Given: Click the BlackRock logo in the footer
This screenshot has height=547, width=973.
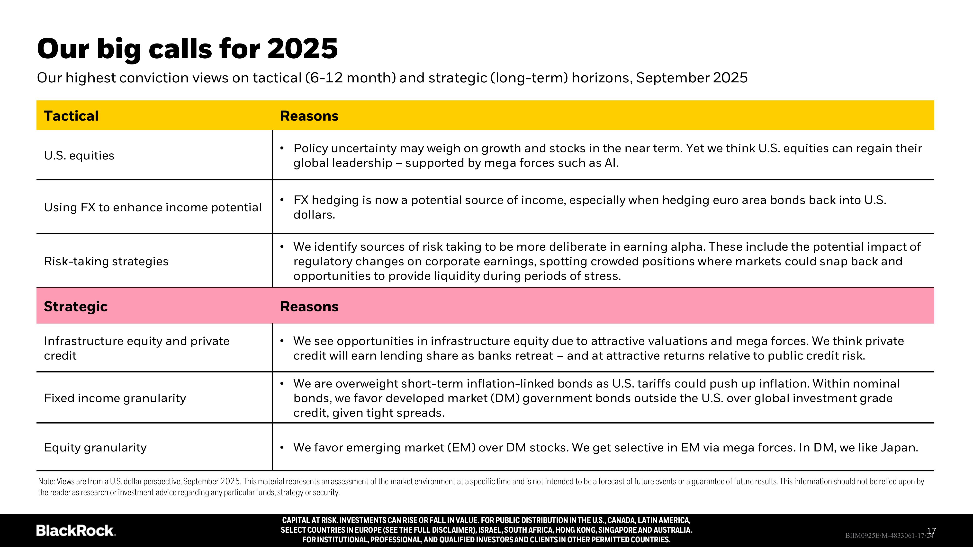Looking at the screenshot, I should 76,530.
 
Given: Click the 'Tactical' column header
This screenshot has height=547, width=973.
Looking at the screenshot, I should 71,116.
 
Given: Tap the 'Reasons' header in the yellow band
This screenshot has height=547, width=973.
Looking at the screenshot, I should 309,116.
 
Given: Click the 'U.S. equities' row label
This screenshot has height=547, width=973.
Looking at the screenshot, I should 79,156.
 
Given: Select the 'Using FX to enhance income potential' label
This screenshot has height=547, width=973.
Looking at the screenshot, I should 153,207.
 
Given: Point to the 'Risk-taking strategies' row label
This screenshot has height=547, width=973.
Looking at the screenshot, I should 106,261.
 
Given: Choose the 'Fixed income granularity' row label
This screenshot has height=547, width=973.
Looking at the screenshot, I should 115,398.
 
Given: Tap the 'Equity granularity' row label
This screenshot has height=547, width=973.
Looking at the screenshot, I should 95,448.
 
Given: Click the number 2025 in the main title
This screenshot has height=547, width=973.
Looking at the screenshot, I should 302,49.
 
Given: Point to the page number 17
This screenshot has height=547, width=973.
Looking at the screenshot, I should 931,531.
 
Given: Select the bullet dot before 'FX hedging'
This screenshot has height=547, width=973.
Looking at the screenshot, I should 282,200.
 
